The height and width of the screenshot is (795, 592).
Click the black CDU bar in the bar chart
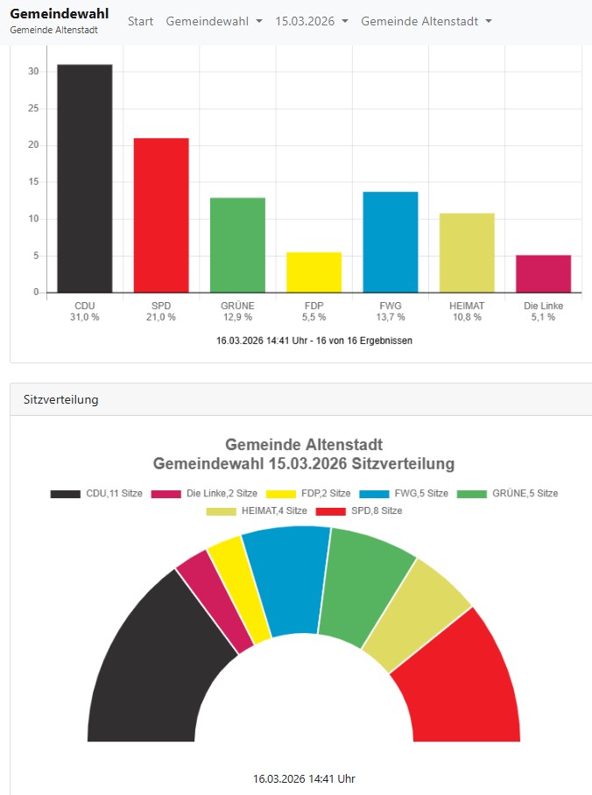[x=85, y=179]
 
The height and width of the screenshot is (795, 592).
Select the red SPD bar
[x=161, y=215]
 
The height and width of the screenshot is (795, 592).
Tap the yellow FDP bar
[x=314, y=272]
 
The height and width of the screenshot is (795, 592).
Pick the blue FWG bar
[x=391, y=242]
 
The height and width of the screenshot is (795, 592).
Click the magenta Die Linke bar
[x=543, y=274]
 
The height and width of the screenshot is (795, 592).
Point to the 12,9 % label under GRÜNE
[x=237, y=317]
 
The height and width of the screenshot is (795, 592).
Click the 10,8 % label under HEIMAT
[x=467, y=317]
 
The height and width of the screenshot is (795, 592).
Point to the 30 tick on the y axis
[x=33, y=72]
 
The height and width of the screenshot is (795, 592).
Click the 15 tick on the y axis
[x=33, y=182]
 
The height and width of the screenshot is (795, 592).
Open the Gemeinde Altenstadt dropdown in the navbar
[x=426, y=21]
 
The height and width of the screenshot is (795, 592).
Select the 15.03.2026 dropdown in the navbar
[x=312, y=21]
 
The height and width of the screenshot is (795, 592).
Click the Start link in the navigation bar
[x=140, y=21]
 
